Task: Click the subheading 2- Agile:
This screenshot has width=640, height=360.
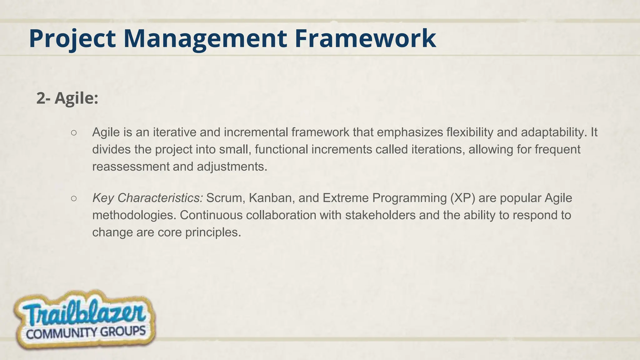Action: click(67, 98)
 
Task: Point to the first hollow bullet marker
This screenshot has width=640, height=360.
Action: click(74, 133)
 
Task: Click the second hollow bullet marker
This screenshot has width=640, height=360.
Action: click(74, 198)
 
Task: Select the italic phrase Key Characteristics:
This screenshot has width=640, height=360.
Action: click(147, 198)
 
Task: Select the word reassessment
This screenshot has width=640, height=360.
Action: click(131, 167)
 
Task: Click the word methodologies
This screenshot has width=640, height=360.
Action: click(134, 215)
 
